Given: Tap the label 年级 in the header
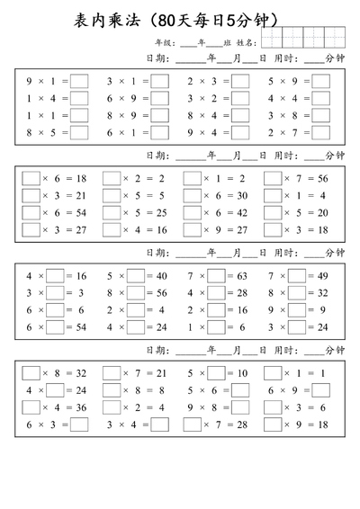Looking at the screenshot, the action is [163, 42].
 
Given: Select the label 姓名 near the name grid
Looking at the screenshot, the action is [246, 42].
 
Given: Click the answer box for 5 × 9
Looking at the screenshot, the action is [321, 81].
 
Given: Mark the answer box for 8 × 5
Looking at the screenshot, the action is [79, 132].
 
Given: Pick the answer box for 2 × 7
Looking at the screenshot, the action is [321, 132].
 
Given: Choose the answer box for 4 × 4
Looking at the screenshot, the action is [321, 98].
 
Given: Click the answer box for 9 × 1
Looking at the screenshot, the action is [79, 81].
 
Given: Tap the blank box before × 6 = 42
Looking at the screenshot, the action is [192, 212].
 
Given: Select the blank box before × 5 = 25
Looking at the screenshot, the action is [112, 212].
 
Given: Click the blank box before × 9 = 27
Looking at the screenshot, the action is [192, 229].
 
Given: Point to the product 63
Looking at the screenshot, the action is [242, 276].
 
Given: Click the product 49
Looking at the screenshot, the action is [322, 276].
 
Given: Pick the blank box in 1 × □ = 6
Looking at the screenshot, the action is [216, 310].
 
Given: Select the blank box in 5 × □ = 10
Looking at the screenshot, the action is [216, 372].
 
